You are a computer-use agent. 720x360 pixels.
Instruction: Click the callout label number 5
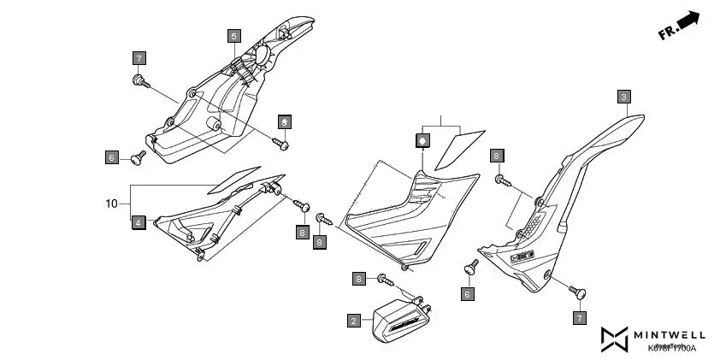click(233, 36)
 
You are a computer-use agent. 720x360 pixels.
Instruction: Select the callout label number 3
click(624, 97)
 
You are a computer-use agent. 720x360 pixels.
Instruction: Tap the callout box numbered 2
click(353, 321)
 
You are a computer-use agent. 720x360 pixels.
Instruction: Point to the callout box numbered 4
click(139, 223)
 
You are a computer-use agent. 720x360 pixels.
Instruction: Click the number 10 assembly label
click(111, 204)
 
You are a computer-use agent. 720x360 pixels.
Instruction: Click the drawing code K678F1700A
click(671, 348)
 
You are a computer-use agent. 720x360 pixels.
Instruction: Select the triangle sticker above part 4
click(233, 177)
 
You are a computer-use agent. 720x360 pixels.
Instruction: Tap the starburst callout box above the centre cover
click(421, 139)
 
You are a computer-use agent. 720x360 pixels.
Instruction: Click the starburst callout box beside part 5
click(284, 120)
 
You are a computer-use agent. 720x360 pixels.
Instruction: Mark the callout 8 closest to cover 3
click(497, 156)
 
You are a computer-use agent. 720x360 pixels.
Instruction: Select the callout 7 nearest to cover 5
click(139, 58)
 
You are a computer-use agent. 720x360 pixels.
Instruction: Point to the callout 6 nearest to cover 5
click(111, 157)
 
